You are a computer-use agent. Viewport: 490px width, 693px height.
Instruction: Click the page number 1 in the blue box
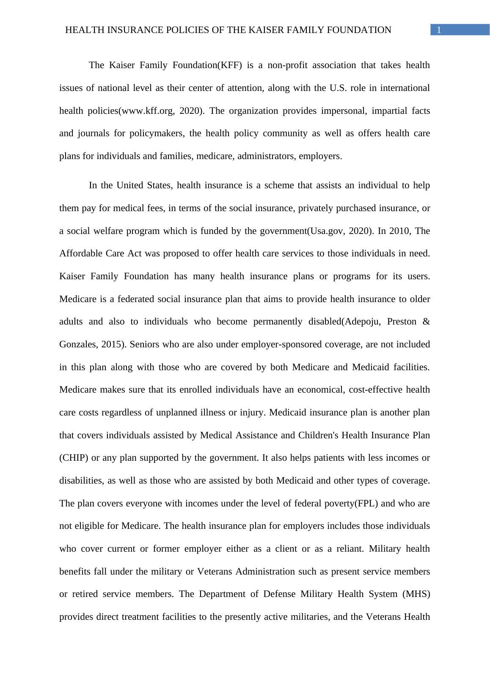coord(439,30)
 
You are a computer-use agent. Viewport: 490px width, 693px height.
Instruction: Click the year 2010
coord(399,231)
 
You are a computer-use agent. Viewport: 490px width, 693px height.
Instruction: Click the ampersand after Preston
coord(426,322)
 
